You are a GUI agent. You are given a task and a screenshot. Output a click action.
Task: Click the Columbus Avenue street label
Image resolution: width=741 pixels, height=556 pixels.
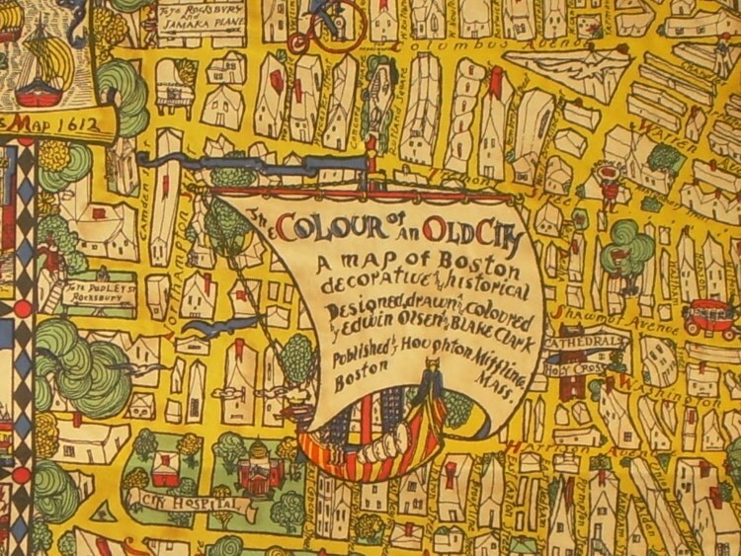[446, 46]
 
